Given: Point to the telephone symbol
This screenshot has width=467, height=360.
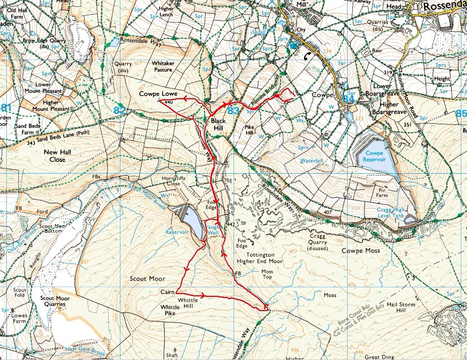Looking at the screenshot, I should (307, 56).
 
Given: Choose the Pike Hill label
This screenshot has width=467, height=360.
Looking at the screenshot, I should (252, 131).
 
